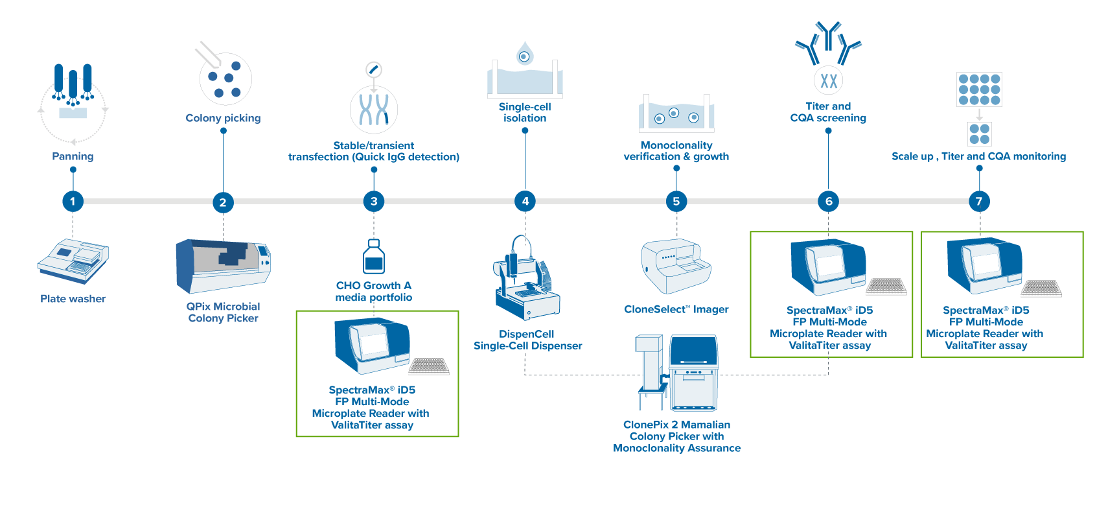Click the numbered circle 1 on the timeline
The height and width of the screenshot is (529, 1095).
73,201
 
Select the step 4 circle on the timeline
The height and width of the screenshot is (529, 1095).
525,201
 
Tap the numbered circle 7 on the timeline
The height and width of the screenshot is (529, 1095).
978,201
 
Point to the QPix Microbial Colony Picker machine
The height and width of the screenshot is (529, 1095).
222,266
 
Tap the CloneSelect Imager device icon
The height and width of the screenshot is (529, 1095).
676,266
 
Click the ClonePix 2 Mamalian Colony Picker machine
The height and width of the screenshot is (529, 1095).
678,373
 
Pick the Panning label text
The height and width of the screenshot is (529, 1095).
73,156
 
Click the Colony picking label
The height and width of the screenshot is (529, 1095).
223,118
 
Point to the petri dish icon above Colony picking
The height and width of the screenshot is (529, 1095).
225,78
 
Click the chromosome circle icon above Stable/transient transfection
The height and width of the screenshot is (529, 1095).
374,109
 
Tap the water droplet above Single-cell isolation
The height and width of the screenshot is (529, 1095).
524,54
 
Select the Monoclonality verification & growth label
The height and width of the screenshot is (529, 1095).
676,151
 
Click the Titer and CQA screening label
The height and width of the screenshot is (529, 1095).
828,112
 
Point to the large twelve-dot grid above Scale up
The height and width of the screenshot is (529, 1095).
979,89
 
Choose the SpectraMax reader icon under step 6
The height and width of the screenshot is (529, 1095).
828,266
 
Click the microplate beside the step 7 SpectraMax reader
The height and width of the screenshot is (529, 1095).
1041,287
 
